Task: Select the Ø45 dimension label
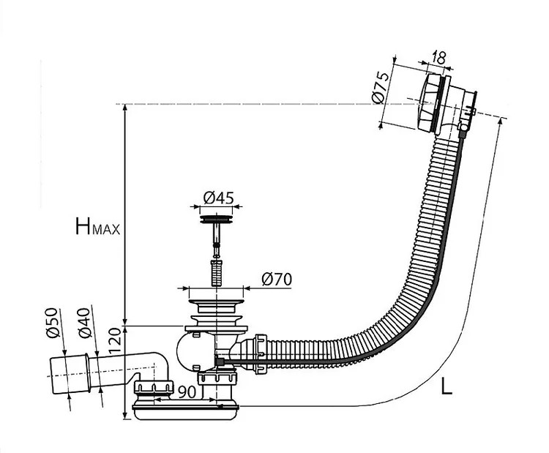pos(217,197)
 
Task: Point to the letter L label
pos(446,386)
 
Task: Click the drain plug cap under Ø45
pos(216,216)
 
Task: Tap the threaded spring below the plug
pos(216,272)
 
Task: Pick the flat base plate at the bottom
pos(185,411)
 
